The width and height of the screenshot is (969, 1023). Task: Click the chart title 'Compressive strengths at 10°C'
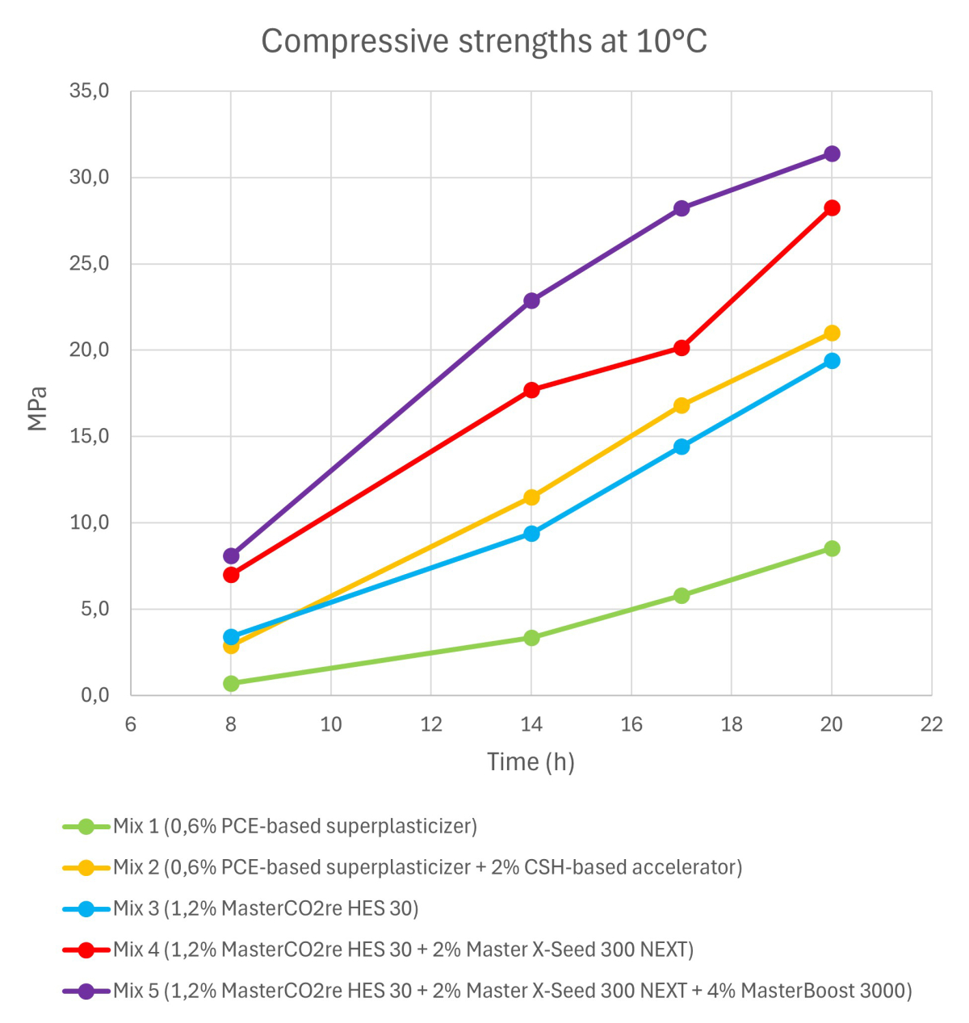(x=484, y=41)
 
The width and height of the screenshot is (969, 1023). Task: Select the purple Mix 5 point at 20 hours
(x=832, y=153)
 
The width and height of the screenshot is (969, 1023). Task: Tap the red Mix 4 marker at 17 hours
(x=682, y=348)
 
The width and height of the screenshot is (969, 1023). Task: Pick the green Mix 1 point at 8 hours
(x=231, y=683)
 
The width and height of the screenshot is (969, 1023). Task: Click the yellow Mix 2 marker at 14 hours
(x=531, y=497)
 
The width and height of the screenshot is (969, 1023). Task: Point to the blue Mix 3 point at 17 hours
(x=682, y=447)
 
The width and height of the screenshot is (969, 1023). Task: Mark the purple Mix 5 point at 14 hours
(x=531, y=300)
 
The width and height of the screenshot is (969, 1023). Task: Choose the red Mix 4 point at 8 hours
(x=231, y=575)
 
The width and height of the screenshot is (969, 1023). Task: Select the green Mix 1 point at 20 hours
(x=832, y=548)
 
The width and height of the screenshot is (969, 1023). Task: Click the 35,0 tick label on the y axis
(x=90, y=90)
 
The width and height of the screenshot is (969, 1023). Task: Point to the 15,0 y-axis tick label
(x=90, y=436)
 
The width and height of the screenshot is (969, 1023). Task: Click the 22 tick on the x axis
(x=932, y=724)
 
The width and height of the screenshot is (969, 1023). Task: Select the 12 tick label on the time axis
(x=431, y=724)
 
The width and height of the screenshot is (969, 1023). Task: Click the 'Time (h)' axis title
(x=531, y=761)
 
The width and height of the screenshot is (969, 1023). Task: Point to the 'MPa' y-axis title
(x=37, y=409)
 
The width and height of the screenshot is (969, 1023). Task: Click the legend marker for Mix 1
(x=86, y=827)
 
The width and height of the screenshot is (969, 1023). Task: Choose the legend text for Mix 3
(x=266, y=908)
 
